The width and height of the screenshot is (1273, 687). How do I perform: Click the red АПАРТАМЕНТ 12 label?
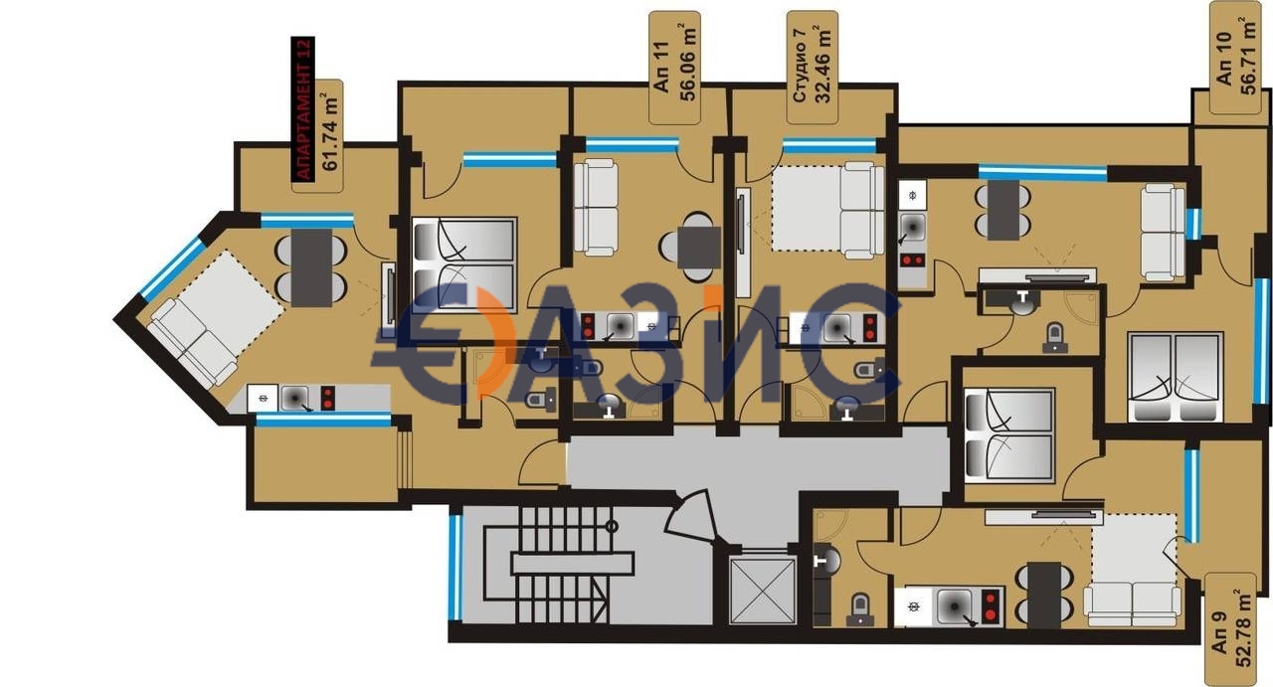click(x=303, y=109)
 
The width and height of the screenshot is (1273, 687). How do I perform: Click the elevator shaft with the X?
click(x=763, y=591)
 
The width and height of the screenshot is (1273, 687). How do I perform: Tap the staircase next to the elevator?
click(x=558, y=565)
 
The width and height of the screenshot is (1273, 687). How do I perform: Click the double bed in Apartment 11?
click(x=464, y=264)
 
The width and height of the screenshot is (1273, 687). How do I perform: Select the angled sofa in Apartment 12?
click(x=193, y=343)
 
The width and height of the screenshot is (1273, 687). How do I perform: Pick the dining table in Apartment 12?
click(x=311, y=267)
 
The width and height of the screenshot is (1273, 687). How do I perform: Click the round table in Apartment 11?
click(x=699, y=248)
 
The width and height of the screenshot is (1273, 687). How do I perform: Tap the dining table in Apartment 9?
click(x=1044, y=595)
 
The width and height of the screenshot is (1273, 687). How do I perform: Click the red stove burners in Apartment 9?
click(x=991, y=606)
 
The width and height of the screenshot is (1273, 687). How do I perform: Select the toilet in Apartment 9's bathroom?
click(x=859, y=609)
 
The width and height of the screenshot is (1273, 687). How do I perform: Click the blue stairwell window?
click(x=455, y=568)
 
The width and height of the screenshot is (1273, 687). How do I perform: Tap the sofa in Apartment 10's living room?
click(x=1164, y=233)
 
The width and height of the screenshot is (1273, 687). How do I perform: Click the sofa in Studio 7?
click(x=861, y=211)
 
